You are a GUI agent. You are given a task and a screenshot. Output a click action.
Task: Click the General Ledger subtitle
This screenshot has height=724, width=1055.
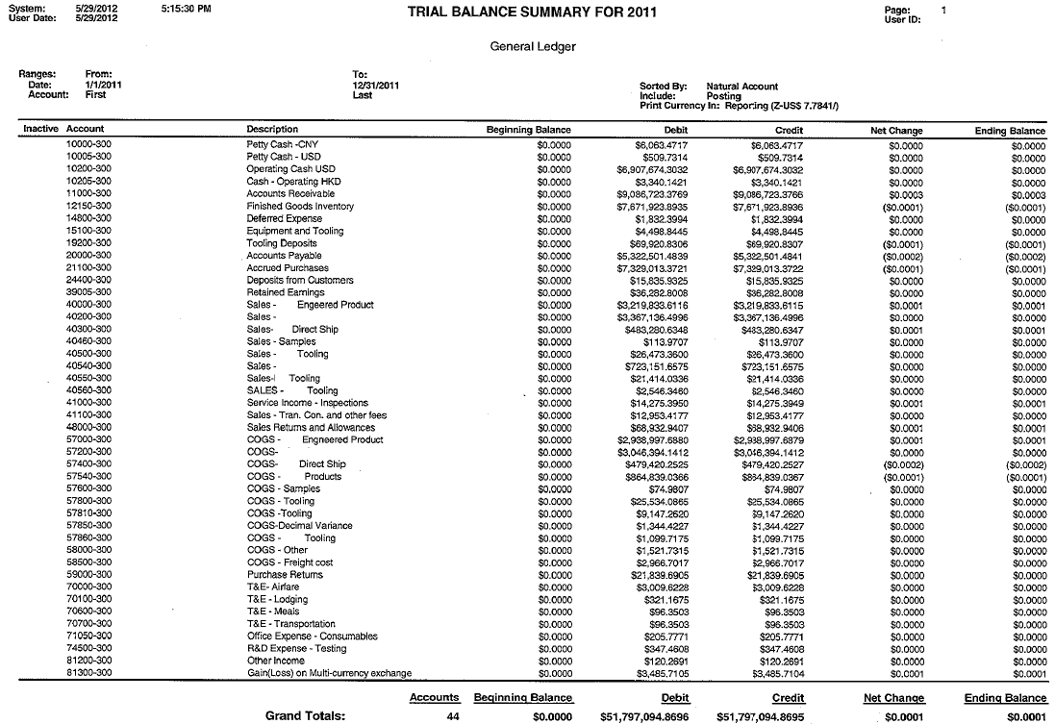[533, 47]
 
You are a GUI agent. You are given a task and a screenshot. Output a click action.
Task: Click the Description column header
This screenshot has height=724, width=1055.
[272, 130]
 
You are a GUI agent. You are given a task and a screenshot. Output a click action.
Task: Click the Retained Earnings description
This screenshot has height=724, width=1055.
[280, 292]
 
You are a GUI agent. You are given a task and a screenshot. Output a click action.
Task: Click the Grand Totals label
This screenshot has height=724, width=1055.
[305, 715]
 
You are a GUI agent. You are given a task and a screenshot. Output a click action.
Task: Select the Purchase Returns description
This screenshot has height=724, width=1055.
[285, 574]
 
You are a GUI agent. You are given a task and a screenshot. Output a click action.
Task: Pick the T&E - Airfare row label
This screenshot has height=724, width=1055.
[273, 587]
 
